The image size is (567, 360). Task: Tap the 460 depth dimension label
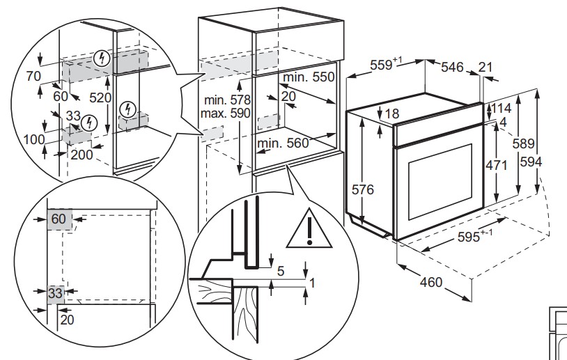click(431, 283)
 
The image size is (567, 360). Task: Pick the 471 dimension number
click(497, 166)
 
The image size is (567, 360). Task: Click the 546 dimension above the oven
click(452, 67)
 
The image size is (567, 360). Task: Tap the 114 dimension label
click(499, 109)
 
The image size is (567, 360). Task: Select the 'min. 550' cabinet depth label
click(309, 77)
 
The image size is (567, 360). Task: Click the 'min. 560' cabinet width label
click(282, 144)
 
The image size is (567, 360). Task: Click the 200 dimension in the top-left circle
click(81, 155)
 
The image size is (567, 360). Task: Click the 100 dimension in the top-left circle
click(33, 139)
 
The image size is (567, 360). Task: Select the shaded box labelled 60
click(59, 219)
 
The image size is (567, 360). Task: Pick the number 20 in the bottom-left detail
click(66, 320)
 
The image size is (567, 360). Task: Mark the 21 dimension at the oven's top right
click(486, 67)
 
